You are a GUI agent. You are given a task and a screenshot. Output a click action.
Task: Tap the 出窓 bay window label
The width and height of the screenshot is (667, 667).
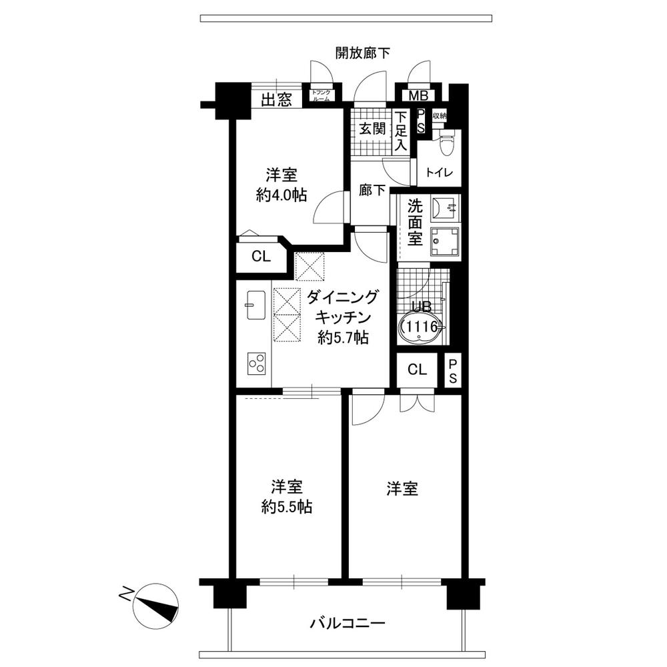276,101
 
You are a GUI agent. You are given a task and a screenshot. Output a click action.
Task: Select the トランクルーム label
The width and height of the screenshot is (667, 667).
321,95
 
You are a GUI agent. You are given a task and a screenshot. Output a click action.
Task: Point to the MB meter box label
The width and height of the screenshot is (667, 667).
418,95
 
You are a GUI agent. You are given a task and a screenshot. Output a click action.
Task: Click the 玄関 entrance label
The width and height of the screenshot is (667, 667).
373,129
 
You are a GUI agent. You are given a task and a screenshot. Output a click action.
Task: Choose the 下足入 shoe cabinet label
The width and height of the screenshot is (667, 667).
400,131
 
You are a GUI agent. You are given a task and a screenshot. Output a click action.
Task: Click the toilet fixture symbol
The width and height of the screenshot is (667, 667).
444,142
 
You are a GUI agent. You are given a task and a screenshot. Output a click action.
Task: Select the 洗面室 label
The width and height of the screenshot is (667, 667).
415,222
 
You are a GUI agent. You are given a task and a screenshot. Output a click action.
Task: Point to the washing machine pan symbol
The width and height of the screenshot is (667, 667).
445,241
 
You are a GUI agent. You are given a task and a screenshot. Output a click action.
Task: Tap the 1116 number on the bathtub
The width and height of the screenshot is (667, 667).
423,327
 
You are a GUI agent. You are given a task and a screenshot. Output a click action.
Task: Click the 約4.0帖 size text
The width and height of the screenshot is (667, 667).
281,195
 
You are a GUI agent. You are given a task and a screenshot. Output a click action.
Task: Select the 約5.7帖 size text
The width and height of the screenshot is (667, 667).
343,338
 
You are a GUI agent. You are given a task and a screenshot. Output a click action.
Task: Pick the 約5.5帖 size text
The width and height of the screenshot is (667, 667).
287,507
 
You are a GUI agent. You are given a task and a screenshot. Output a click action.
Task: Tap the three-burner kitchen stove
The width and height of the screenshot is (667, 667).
255,362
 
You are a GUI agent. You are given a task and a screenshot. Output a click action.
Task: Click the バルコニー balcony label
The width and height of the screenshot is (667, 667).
348,624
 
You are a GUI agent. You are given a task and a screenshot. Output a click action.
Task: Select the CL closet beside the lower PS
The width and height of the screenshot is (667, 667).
418,370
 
